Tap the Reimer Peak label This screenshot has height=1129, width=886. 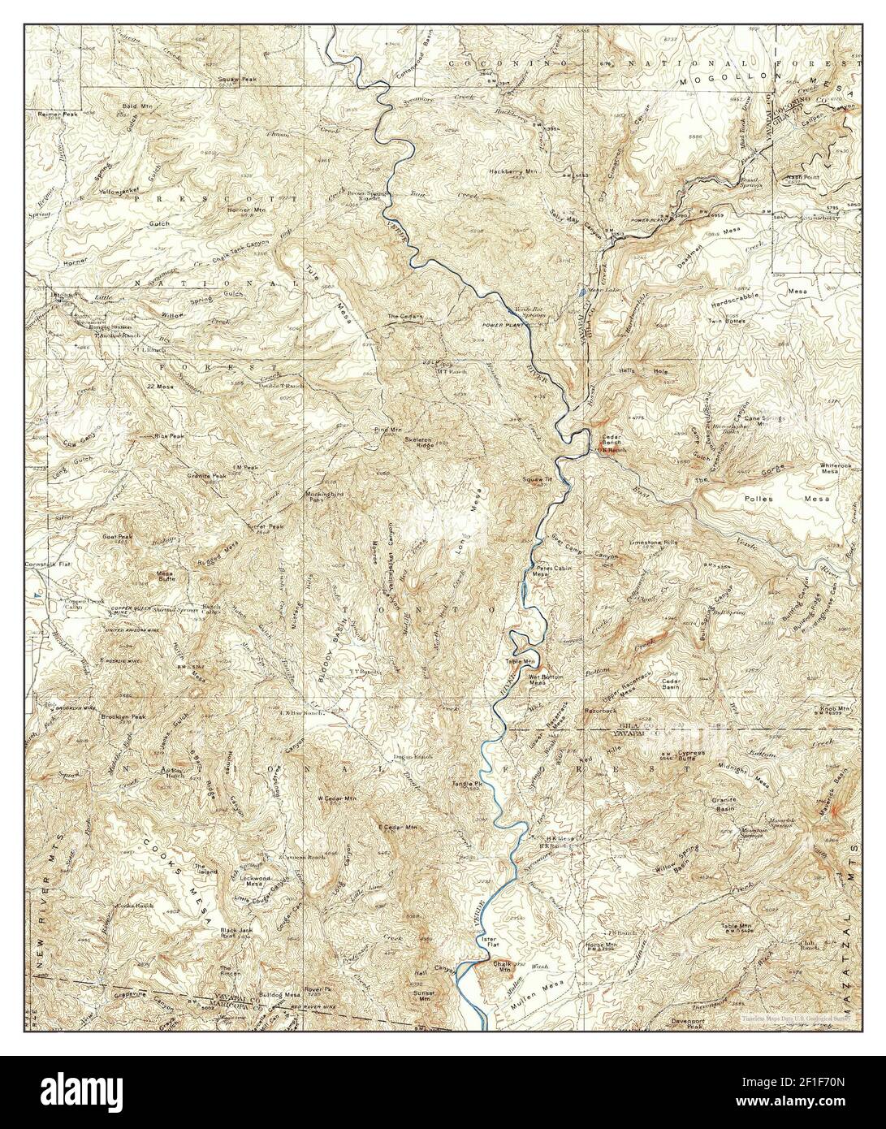coord(57,115)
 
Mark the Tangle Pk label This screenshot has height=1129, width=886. coord(468,784)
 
